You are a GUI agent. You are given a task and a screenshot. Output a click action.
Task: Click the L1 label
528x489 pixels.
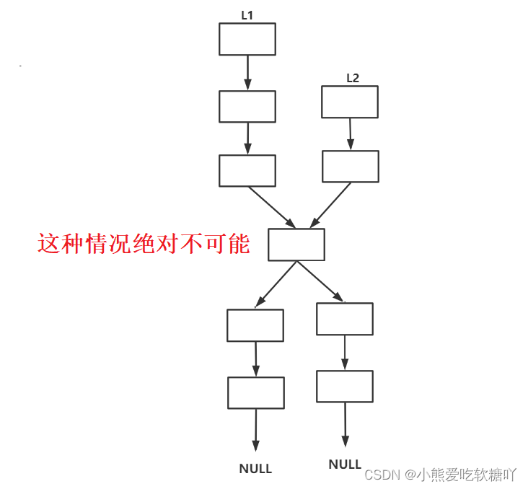click(247, 14)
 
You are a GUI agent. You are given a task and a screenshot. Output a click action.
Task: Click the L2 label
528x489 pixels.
click(352, 78)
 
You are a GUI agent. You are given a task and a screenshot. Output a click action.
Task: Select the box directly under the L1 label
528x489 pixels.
click(247, 39)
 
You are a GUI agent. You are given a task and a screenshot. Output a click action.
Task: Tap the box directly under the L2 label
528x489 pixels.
click(349, 102)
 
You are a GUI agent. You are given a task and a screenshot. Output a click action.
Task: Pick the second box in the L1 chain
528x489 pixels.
click(247, 107)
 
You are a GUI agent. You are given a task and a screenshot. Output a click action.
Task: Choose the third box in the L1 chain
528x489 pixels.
click(247, 171)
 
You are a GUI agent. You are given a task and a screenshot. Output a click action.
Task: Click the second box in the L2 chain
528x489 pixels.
click(350, 167)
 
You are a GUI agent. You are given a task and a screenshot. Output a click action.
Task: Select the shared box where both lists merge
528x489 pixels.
click(296, 244)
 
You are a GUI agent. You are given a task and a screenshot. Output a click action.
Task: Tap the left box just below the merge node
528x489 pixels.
click(255, 325)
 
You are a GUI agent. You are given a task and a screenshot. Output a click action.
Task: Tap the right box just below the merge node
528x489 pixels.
click(344, 319)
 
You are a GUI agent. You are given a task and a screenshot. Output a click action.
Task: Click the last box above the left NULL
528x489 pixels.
click(255, 393)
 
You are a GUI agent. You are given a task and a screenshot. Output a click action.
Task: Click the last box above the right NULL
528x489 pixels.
click(344, 387)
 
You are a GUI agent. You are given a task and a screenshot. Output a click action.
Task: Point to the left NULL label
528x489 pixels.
click(255, 469)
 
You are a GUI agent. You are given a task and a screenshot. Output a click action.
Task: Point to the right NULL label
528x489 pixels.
click(345, 464)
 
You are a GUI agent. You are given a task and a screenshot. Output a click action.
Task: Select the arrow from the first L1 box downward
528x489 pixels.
click(247, 73)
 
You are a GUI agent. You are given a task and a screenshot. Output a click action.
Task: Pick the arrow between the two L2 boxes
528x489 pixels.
click(350, 134)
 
